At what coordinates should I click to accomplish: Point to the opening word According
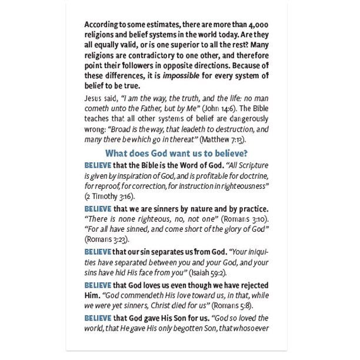click(x=102, y=26)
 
